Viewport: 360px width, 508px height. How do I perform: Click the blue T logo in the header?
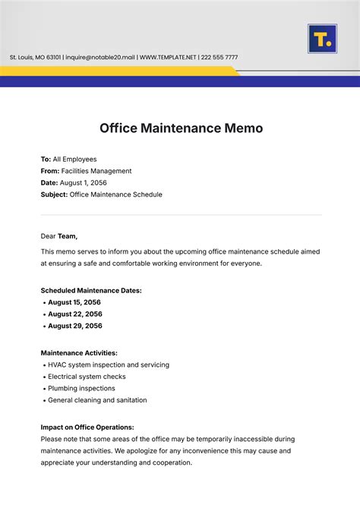(322, 39)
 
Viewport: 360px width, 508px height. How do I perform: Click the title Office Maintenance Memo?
(181, 128)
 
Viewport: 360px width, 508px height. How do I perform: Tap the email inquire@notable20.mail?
(100, 58)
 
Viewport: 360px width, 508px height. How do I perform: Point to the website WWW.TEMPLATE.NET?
(168, 58)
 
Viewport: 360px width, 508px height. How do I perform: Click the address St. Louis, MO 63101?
(35, 58)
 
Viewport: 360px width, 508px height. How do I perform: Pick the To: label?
(46, 159)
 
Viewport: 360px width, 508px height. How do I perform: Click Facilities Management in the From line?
(96, 172)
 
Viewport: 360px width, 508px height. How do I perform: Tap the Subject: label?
(54, 195)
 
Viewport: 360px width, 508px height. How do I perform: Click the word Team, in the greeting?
(68, 236)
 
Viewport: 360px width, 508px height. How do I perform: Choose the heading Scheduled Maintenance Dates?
(90, 290)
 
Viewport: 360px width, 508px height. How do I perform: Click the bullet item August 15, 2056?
(74, 302)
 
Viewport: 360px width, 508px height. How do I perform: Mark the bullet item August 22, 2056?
(74, 314)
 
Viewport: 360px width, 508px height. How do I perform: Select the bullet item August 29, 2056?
(74, 326)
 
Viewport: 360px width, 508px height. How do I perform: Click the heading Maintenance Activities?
(79, 353)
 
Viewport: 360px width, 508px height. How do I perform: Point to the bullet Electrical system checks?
(87, 377)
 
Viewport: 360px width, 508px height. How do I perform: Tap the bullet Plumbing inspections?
(81, 388)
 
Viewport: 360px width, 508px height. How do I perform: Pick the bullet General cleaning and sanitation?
(97, 400)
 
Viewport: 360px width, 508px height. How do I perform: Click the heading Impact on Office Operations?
(87, 427)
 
